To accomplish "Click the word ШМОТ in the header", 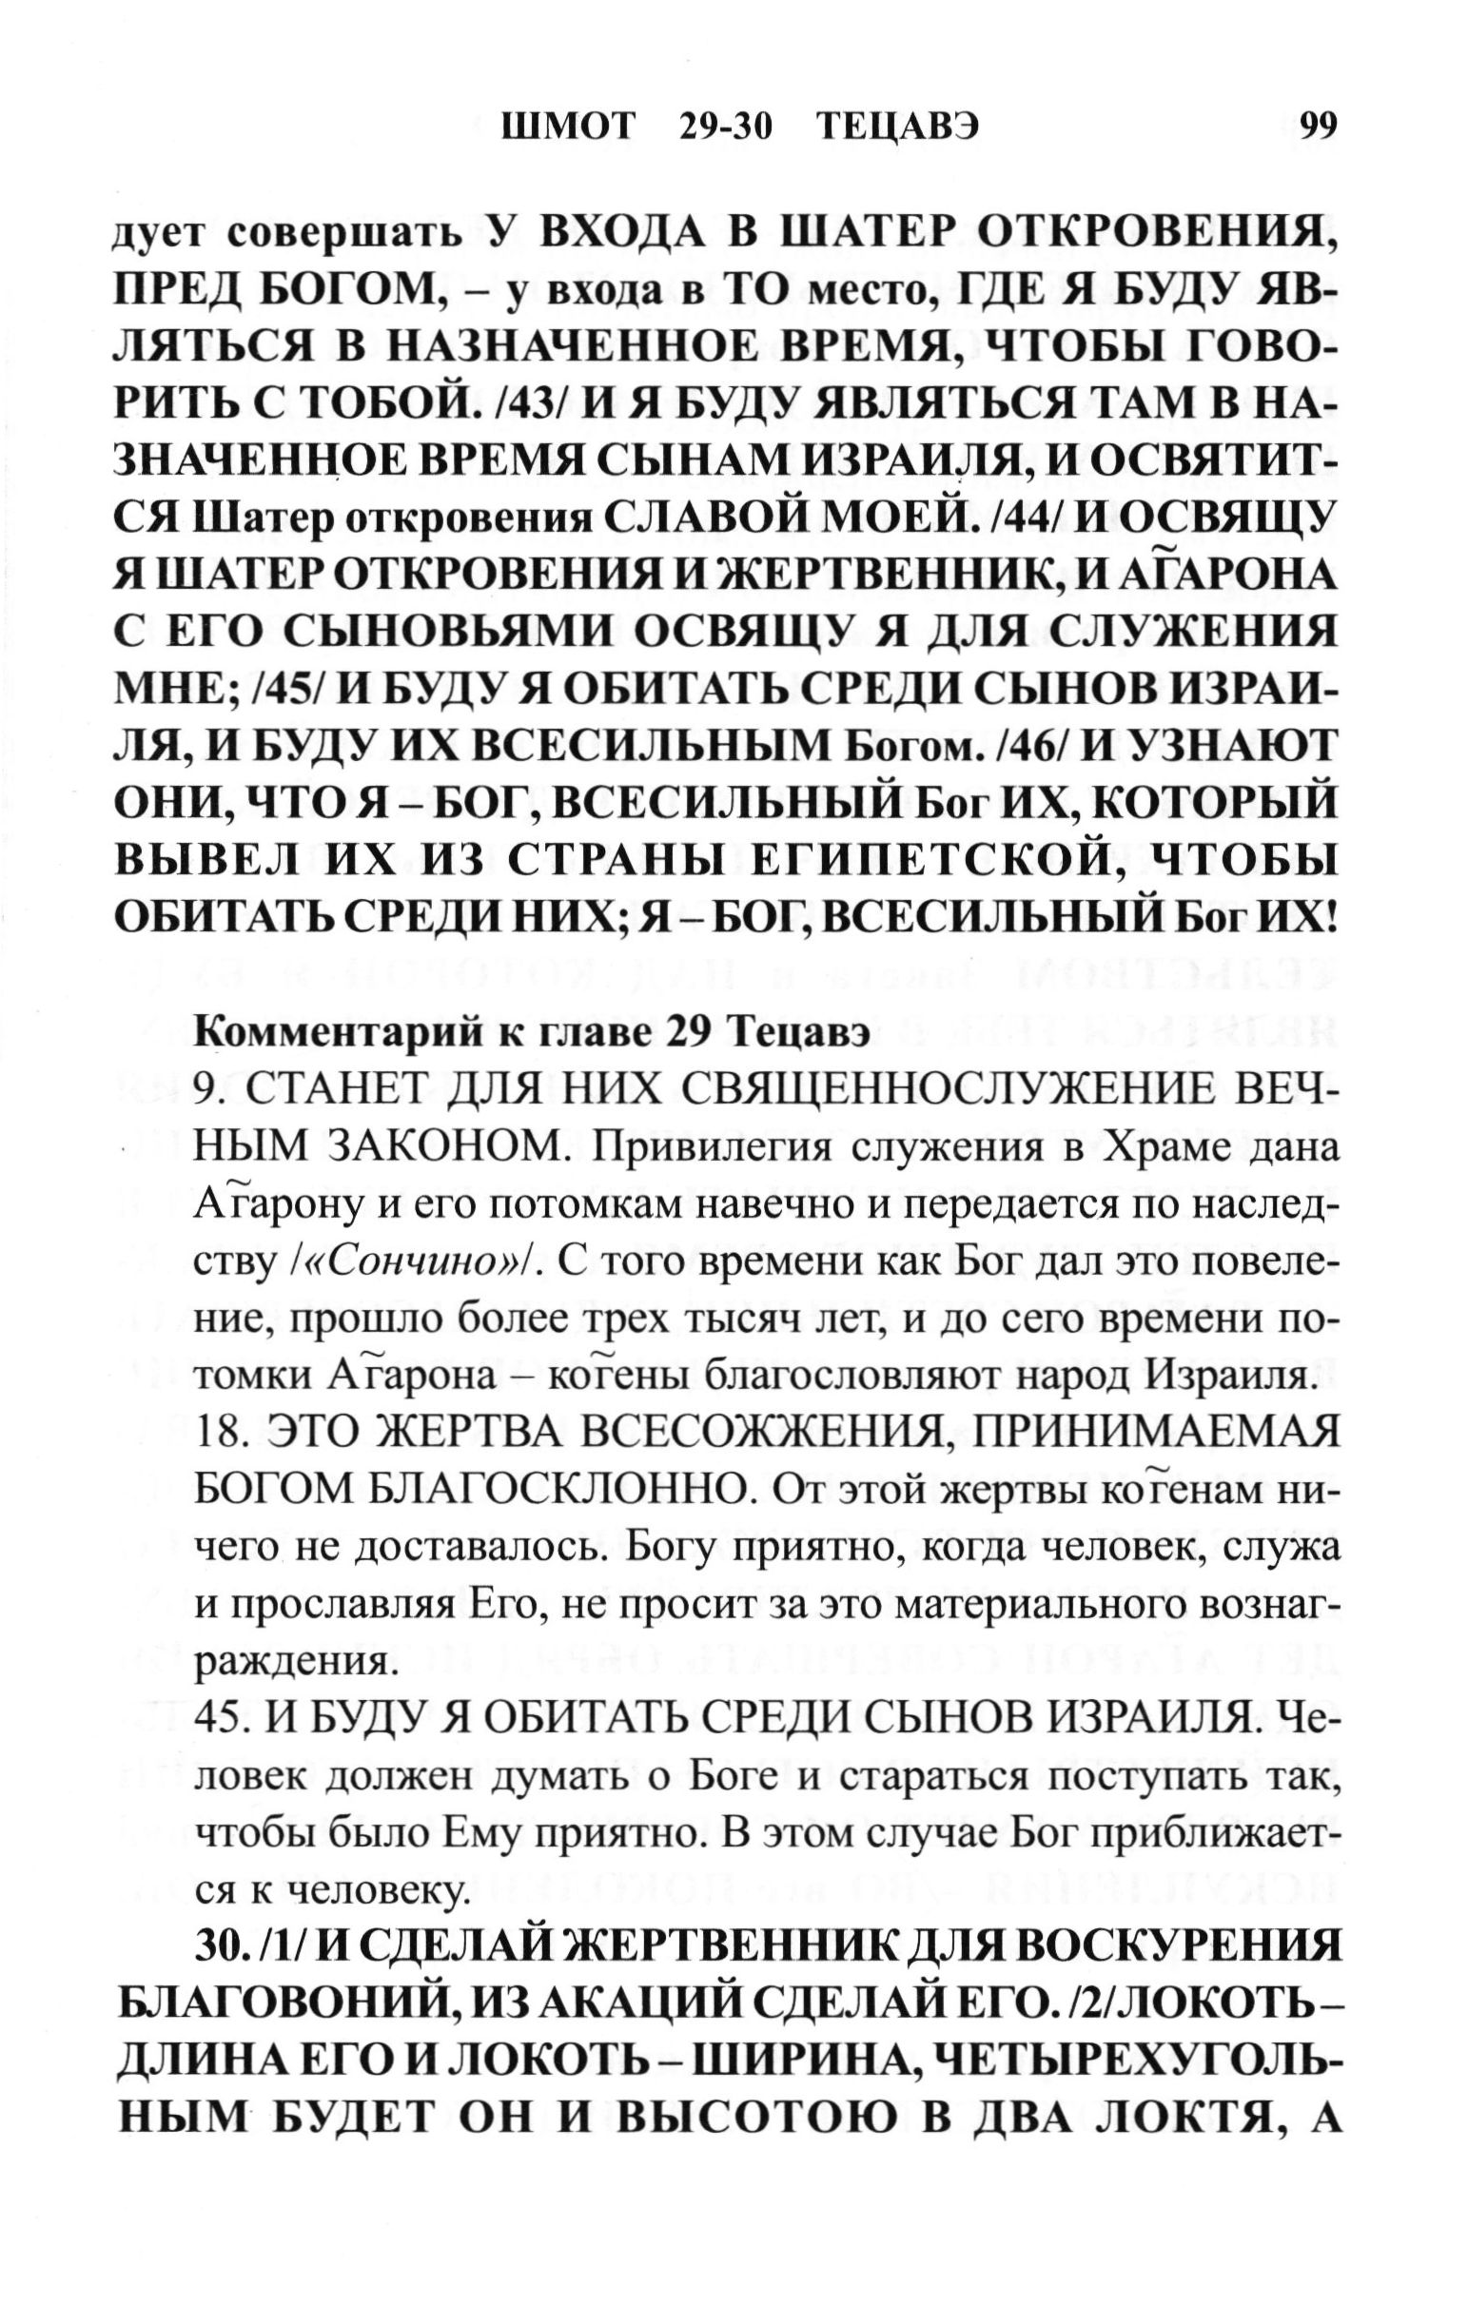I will tap(568, 127).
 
